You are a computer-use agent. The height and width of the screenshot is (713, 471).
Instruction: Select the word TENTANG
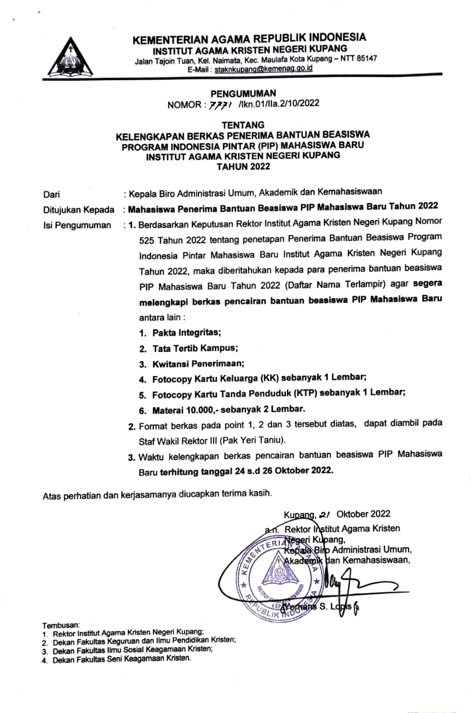pos(244,125)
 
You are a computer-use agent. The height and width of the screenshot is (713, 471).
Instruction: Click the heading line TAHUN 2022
pos(244,167)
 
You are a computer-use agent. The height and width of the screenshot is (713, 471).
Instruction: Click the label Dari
pos(52,194)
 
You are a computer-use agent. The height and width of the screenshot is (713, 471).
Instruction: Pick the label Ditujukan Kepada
pos(75,210)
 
